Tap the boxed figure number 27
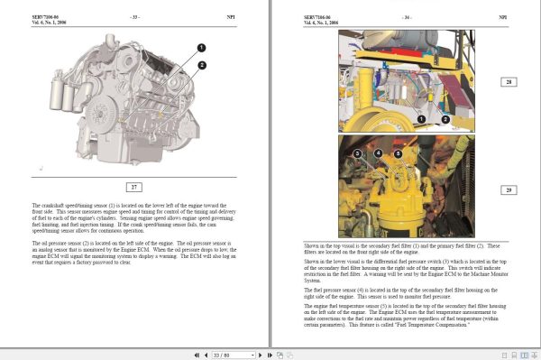click(x=134, y=188)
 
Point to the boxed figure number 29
click(x=508, y=189)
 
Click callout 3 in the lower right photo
click(x=357, y=154)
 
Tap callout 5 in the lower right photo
click(x=398, y=154)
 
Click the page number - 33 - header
click(x=134, y=16)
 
